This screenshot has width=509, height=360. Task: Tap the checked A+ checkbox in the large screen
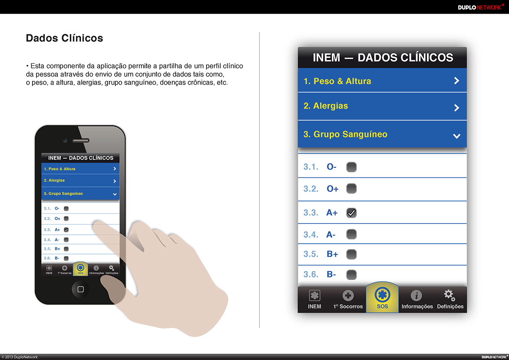click(x=351, y=212)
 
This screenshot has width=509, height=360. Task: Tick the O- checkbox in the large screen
click(x=351, y=167)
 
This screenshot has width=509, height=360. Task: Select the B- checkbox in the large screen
click(x=351, y=274)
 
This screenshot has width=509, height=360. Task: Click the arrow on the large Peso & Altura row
click(x=456, y=80)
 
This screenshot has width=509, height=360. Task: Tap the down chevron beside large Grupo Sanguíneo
click(x=456, y=136)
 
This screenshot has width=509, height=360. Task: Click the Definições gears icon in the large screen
click(x=450, y=295)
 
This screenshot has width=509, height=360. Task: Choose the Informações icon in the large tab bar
click(x=416, y=295)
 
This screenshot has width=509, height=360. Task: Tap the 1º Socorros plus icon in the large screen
click(x=348, y=295)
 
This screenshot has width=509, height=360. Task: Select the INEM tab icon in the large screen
click(x=314, y=295)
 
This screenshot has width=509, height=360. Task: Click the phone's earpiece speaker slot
click(x=81, y=141)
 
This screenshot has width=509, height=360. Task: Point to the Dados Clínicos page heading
click(x=64, y=38)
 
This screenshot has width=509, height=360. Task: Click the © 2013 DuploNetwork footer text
click(x=20, y=357)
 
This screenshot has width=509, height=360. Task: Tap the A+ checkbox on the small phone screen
click(x=66, y=230)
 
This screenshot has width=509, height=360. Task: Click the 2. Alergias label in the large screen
click(x=326, y=106)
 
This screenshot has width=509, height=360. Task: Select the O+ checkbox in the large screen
click(x=351, y=189)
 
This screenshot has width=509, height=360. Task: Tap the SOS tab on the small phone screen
click(x=80, y=269)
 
